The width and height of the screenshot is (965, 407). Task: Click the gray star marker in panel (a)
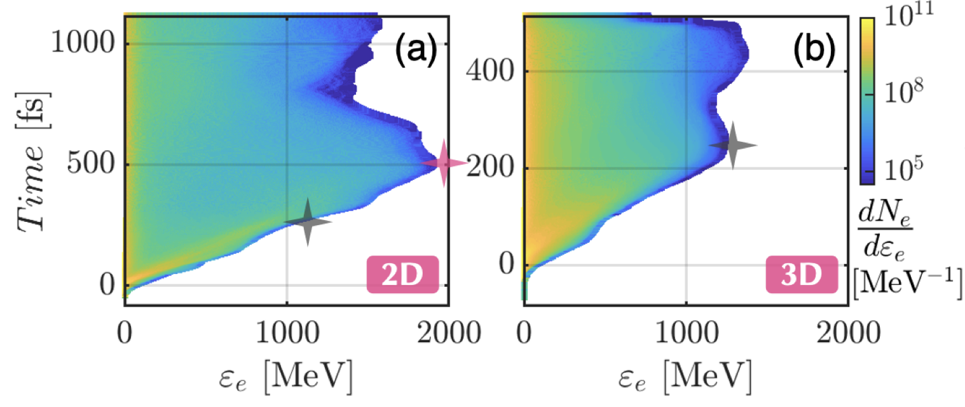click(308, 222)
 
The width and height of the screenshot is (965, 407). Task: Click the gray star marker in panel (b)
click(733, 146)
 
